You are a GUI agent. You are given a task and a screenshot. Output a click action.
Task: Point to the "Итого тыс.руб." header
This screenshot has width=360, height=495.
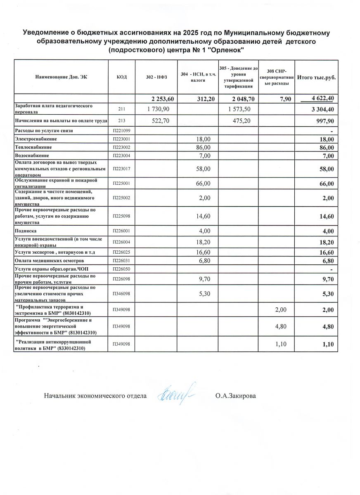click(316, 77)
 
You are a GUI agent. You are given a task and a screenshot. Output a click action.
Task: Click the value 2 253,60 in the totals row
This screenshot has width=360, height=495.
click(163, 99)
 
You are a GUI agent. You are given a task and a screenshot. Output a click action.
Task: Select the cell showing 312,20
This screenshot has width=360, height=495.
click(203, 99)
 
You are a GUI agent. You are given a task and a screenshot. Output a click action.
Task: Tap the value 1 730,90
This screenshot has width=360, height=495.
click(162, 108)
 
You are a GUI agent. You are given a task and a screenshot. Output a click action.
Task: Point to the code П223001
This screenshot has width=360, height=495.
click(121, 139)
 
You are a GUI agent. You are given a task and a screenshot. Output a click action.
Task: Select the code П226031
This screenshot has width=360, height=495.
click(121, 261)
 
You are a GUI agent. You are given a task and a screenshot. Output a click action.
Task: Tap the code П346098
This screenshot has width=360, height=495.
click(121, 294)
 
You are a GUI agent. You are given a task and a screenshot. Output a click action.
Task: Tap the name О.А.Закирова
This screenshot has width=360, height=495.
click(235, 396)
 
